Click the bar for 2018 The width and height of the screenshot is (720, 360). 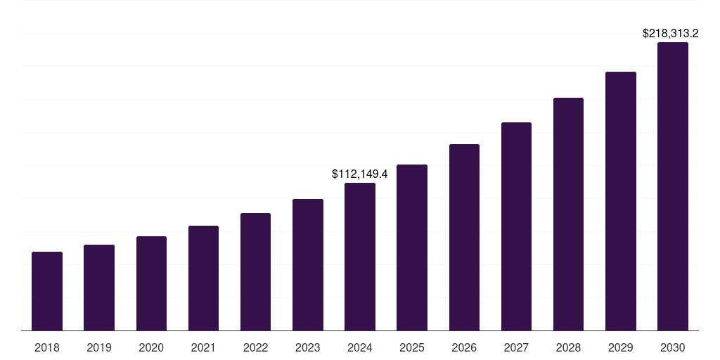[47, 291]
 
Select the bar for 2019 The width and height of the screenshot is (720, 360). [99, 288]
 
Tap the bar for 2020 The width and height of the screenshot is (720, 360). [151, 283]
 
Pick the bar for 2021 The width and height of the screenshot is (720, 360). [203, 278]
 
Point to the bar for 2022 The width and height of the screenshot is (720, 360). [255, 271]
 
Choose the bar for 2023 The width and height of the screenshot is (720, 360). [307, 264]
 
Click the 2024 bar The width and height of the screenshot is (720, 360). [360, 257]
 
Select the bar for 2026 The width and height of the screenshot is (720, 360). [464, 237]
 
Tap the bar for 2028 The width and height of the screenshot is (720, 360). [568, 214]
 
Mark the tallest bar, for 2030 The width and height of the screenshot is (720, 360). [672, 186]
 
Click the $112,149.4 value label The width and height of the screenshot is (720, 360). [360, 173]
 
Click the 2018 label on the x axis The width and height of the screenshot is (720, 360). [47, 347]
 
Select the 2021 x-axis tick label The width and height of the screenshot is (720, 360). [203, 347]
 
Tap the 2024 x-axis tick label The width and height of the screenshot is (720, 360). [360, 347]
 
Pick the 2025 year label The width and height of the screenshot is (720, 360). [412, 347]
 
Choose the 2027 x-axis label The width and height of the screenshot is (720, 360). [516, 347]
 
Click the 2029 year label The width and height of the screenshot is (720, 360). [620, 347]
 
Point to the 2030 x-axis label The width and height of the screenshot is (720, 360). [672, 347]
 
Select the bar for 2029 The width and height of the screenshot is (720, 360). [620, 201]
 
